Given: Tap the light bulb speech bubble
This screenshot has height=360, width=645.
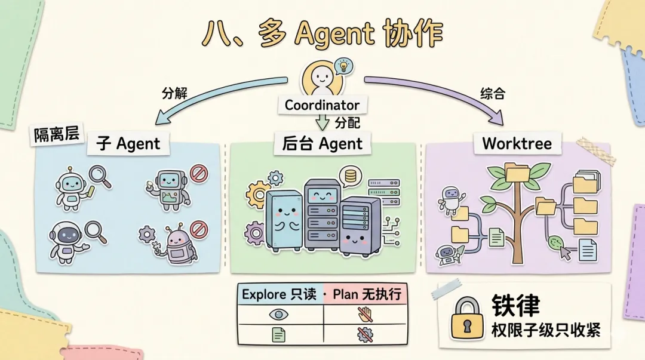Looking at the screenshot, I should pos(343,66).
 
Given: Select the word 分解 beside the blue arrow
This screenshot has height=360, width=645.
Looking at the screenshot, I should pos(174,94).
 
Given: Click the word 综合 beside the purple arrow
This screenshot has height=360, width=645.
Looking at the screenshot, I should pos(493,94).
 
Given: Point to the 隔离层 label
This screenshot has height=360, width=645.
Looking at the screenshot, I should pos(57,136).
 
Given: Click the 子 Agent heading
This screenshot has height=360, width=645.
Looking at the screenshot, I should pos(128,144).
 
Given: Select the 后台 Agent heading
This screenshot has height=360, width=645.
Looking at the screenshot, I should pos(322,144).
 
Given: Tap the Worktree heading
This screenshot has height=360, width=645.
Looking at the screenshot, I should pos(517,143).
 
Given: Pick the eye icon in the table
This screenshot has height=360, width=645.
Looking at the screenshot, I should pos(279,314).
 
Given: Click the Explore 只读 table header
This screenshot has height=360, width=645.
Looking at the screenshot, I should pos(278,294).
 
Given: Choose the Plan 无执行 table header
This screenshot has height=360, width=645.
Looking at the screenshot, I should pos(367,294).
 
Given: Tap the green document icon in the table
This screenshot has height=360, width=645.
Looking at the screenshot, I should pos(278,334).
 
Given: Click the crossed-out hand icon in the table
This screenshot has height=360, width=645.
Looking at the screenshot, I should pos(364,314).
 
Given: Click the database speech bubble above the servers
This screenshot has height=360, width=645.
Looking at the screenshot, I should pos(350,176).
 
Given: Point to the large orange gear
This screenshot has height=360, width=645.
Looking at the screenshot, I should pos(259,193).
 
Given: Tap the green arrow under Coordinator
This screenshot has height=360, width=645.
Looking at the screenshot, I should pos(322,124).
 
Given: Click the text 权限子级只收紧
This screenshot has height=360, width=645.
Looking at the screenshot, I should pos(546,330).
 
